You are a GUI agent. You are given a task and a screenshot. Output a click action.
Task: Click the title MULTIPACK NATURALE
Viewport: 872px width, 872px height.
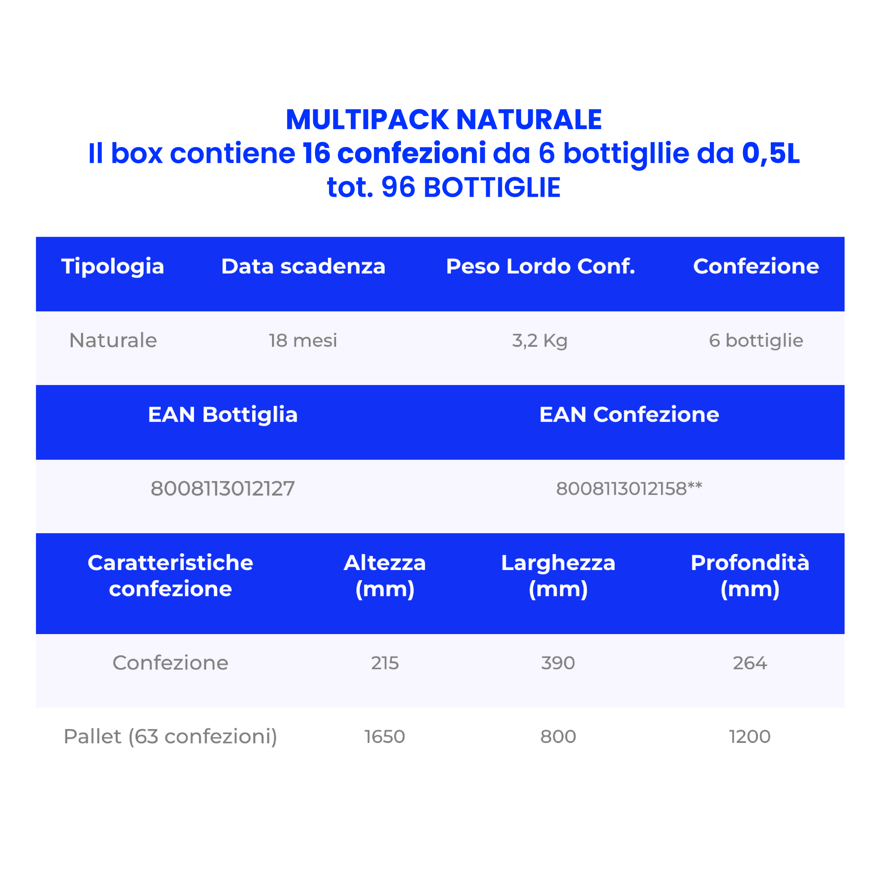(x=444, y=120)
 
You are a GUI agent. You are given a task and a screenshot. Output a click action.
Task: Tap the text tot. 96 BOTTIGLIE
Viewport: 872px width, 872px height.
(x=444, y=187)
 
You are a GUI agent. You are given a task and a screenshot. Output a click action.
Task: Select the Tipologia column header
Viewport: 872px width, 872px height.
(x=113, y=267)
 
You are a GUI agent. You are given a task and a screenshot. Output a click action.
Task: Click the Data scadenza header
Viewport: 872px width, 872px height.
(x=303, y=266)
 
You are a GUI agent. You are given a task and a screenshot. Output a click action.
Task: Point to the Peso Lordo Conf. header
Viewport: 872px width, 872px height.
(x=541, y=266)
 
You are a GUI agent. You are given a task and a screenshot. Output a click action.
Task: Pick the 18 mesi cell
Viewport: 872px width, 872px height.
(x=303, y=340)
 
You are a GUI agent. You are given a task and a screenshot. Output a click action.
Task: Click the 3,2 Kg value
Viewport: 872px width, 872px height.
(x=540, y=341)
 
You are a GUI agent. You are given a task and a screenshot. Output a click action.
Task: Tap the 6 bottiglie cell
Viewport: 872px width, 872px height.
(x=756, y=341)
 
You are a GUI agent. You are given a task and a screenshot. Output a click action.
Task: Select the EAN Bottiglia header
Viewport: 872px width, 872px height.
(x=223, y=415)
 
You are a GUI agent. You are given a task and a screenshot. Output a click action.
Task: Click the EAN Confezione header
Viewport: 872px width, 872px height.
(x=629, y=414)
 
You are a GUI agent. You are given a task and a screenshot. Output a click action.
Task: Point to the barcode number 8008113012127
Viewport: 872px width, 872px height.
(x=223, y=488)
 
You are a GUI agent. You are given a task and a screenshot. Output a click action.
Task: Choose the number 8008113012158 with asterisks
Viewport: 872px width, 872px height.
(x=629, y=488)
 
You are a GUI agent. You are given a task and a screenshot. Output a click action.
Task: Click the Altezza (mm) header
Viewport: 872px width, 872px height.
(x=385, y=576)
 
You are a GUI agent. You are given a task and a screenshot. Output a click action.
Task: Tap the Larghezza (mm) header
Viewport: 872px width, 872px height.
(x=558, y=576)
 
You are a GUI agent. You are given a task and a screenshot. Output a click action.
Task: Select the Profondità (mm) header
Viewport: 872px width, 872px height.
(x=750, y=576)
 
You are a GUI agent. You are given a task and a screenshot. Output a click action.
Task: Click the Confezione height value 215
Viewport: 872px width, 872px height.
(x=385, y=663)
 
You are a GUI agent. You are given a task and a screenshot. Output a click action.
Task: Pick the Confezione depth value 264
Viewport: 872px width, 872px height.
(x=750, y=663)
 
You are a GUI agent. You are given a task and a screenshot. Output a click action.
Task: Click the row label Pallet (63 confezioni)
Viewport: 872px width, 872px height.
(x=171, y=737)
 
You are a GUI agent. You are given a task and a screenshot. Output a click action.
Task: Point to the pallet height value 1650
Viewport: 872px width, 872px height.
(x=385, y=737)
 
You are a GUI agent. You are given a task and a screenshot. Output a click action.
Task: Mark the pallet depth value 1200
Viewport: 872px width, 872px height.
(x=750, y=737)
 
